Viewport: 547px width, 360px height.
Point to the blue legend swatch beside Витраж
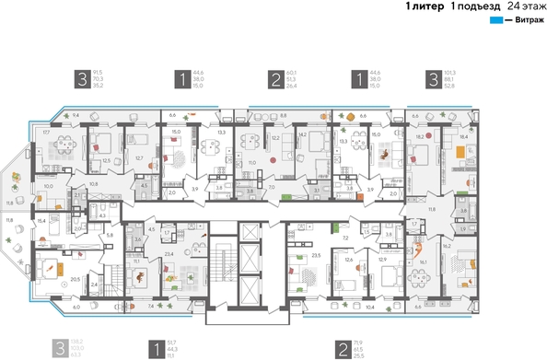[x=495, y=19]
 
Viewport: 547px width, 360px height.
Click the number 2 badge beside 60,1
[x=274, y=80]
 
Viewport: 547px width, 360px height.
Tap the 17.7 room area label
[x=46, y=133]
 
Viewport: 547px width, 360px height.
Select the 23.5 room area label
[x=319, y=253]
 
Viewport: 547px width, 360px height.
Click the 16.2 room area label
[x=471, y=247]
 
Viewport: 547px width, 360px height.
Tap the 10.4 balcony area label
[x=369, y=306]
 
